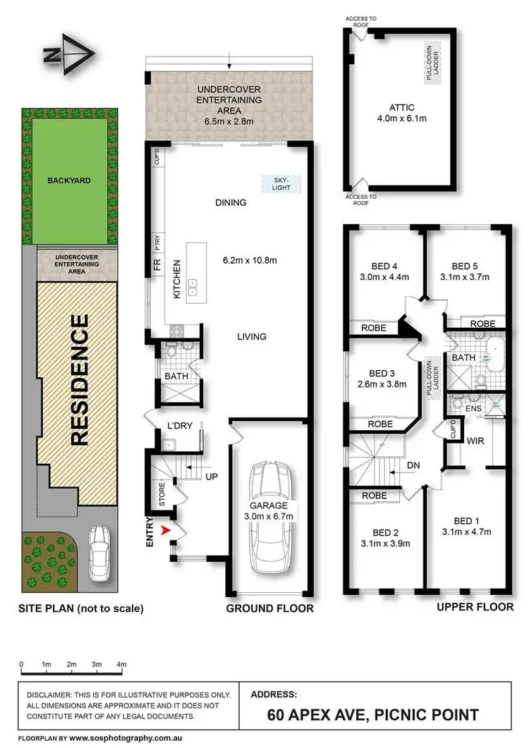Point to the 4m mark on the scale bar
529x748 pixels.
(121, 665)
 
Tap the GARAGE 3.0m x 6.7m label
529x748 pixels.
(269, 510)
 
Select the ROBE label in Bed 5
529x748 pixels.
(482, 324)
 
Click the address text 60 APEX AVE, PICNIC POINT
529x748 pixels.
(373, 716)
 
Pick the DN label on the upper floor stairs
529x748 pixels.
(415, 466)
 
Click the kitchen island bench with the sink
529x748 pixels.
(195, 273)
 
